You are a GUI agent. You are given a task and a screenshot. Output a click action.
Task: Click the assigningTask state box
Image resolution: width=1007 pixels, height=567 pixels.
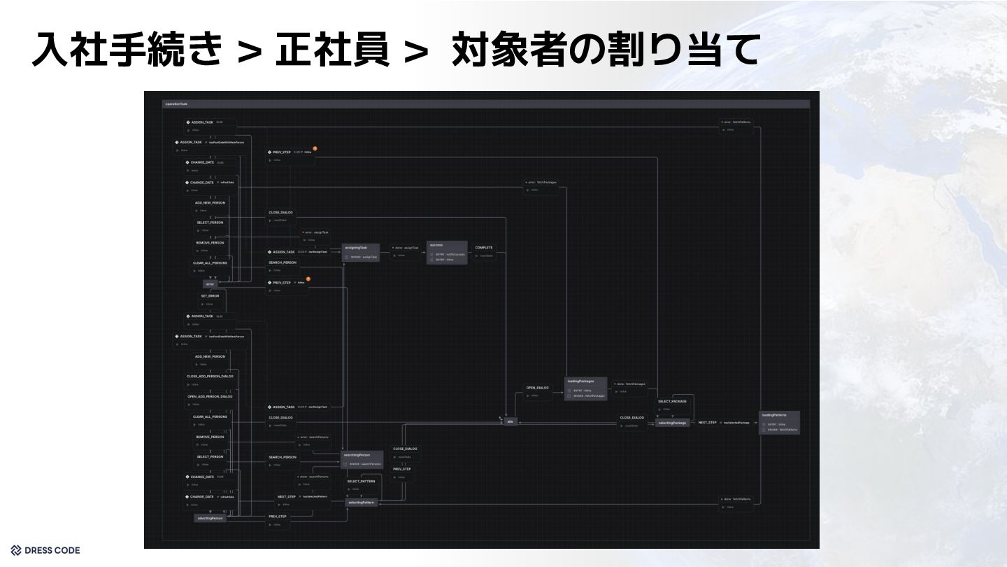[361, 252]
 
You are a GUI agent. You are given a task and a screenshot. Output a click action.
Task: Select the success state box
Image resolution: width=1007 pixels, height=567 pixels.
[447, 252]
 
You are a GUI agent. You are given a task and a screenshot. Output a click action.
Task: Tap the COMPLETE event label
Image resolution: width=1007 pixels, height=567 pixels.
[484, 248]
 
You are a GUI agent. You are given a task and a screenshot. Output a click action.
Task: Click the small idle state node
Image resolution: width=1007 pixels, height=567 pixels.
[510, 421]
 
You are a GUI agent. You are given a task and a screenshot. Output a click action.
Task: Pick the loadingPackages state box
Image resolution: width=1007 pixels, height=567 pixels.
[585, 388]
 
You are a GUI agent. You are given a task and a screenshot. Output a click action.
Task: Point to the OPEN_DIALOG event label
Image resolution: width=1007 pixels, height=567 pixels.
[537, 388]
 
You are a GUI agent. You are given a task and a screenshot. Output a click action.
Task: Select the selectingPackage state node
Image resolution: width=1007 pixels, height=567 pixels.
[672, 423]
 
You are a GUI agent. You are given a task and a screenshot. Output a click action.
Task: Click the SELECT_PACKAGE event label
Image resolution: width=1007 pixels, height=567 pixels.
[672, 402]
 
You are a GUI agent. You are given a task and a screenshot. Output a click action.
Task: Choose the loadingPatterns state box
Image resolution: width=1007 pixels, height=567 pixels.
[779, 423]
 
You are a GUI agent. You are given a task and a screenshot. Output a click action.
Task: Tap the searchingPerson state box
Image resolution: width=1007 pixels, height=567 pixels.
[362, 458]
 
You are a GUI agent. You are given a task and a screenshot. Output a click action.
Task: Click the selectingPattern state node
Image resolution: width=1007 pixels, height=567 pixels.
[362, 503]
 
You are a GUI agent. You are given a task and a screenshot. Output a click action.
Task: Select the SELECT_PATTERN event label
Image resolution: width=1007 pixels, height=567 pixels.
[362, 482]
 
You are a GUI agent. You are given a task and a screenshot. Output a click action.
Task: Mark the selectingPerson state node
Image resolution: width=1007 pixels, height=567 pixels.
[210, 518]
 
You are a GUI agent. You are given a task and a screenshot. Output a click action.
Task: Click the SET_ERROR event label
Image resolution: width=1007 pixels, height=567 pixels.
[210, 296]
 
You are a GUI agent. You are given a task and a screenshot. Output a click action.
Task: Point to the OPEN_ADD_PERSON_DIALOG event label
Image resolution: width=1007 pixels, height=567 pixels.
[210, 397]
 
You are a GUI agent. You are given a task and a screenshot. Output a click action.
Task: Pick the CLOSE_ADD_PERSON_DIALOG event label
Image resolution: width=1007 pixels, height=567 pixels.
[210, 377]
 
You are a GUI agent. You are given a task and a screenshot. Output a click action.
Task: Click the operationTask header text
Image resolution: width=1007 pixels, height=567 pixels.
[176, 104]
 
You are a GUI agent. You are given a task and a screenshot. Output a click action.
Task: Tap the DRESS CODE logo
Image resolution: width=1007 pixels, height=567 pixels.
[45, 550]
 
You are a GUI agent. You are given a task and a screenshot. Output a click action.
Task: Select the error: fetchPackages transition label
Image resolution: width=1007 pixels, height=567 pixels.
[543, 183]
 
